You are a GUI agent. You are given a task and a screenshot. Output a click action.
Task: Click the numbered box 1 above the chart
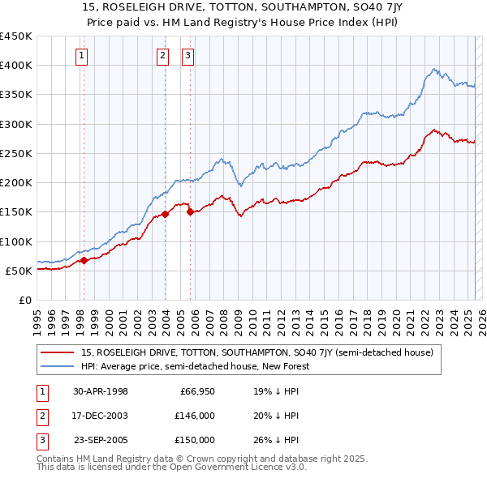coord(83,56)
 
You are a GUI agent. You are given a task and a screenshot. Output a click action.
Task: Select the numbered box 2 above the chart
coord(162,56)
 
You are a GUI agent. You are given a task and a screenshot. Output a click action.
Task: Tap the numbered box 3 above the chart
coord(187,56)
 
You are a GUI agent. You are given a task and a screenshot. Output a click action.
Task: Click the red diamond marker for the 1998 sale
coord(84,261)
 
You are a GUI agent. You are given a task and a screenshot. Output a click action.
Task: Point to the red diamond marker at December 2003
coord(165,214)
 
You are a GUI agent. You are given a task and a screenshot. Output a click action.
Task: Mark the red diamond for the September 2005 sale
coord(190,212)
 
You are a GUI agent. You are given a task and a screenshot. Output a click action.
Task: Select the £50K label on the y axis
coord(19,271)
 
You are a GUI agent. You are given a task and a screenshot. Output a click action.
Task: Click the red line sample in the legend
coord(58,352)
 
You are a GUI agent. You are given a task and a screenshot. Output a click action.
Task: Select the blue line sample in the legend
coord(58,366)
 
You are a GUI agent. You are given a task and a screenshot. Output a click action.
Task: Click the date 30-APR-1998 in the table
coord(101,391)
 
